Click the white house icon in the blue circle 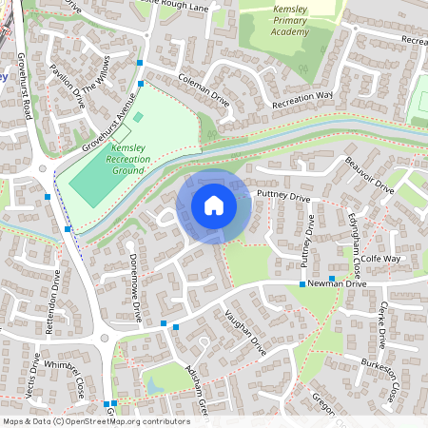214,205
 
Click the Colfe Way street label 379,258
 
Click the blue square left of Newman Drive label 302,284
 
